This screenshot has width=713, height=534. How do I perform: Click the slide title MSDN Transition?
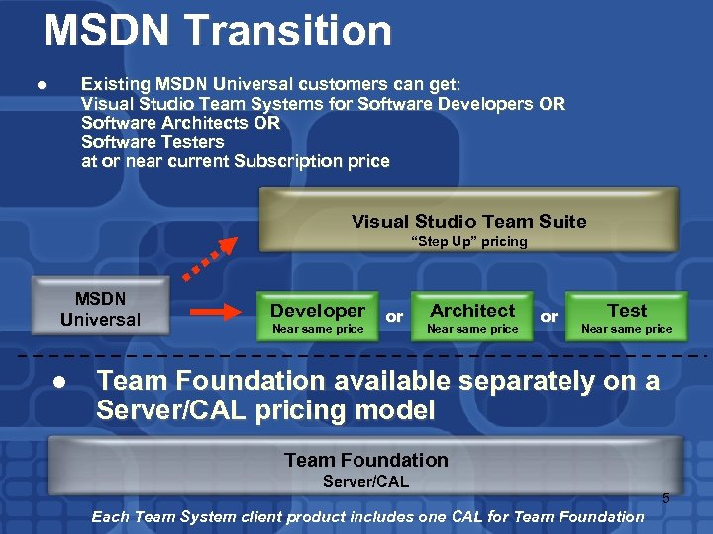pyautogui.click(x=218, y=31)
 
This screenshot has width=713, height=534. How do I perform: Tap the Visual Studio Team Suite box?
pyautogui.click(x=468, y=221)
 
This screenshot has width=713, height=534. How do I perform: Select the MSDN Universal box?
pyautogui.click(x=100, y=309)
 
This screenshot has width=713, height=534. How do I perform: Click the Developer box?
pyautogui.click(x=318, y=317)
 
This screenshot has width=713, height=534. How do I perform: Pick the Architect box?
pyautogui.click(x=472, y=317)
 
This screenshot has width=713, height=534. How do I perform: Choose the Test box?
pyautogui.click(x=626, y=317)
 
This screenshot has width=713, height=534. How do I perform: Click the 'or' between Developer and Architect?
pyautogui.click(x=394, y=317)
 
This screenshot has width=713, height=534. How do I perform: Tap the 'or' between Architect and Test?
pyautogui.click(x=549, y=317)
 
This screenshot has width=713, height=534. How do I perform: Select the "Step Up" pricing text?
pyautogui.click(x=468, y=242)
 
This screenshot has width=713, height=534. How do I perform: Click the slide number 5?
pyautogui.click(x=665, y=499)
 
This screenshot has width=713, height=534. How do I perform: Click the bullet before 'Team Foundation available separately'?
pyautogui.click(x=61, y=382)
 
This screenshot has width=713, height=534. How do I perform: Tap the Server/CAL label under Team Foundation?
pyautogui.click(x=365, y=482)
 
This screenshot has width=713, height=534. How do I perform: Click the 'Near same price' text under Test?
pyautogui.click(x=626, y=329)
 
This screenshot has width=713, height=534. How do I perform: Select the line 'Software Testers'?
pyautogui.click(x=153, y=142)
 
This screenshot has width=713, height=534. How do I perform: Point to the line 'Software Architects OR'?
pyautogui.click(x=180, y=123)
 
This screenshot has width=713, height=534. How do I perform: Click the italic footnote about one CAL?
pyautogui.click(x=366, y=516)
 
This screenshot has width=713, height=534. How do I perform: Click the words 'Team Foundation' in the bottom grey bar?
pyautogui.click(x=365, y=460)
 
